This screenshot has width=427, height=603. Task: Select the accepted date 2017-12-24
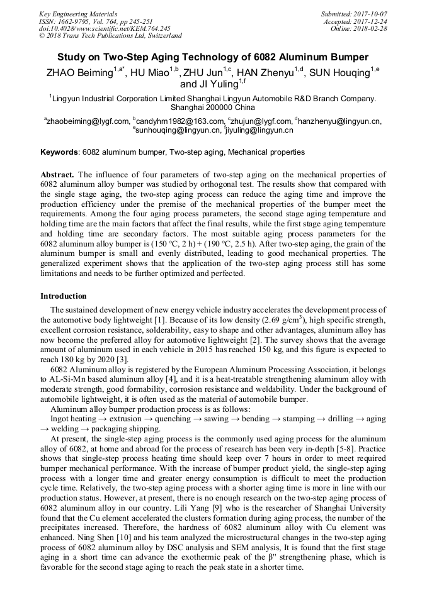372,21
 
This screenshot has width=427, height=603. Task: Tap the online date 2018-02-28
372,29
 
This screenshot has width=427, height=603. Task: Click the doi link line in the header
105,29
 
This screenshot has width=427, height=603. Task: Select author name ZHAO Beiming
80,73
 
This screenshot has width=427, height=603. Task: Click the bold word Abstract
57,174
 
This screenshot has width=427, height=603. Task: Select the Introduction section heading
64,296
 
